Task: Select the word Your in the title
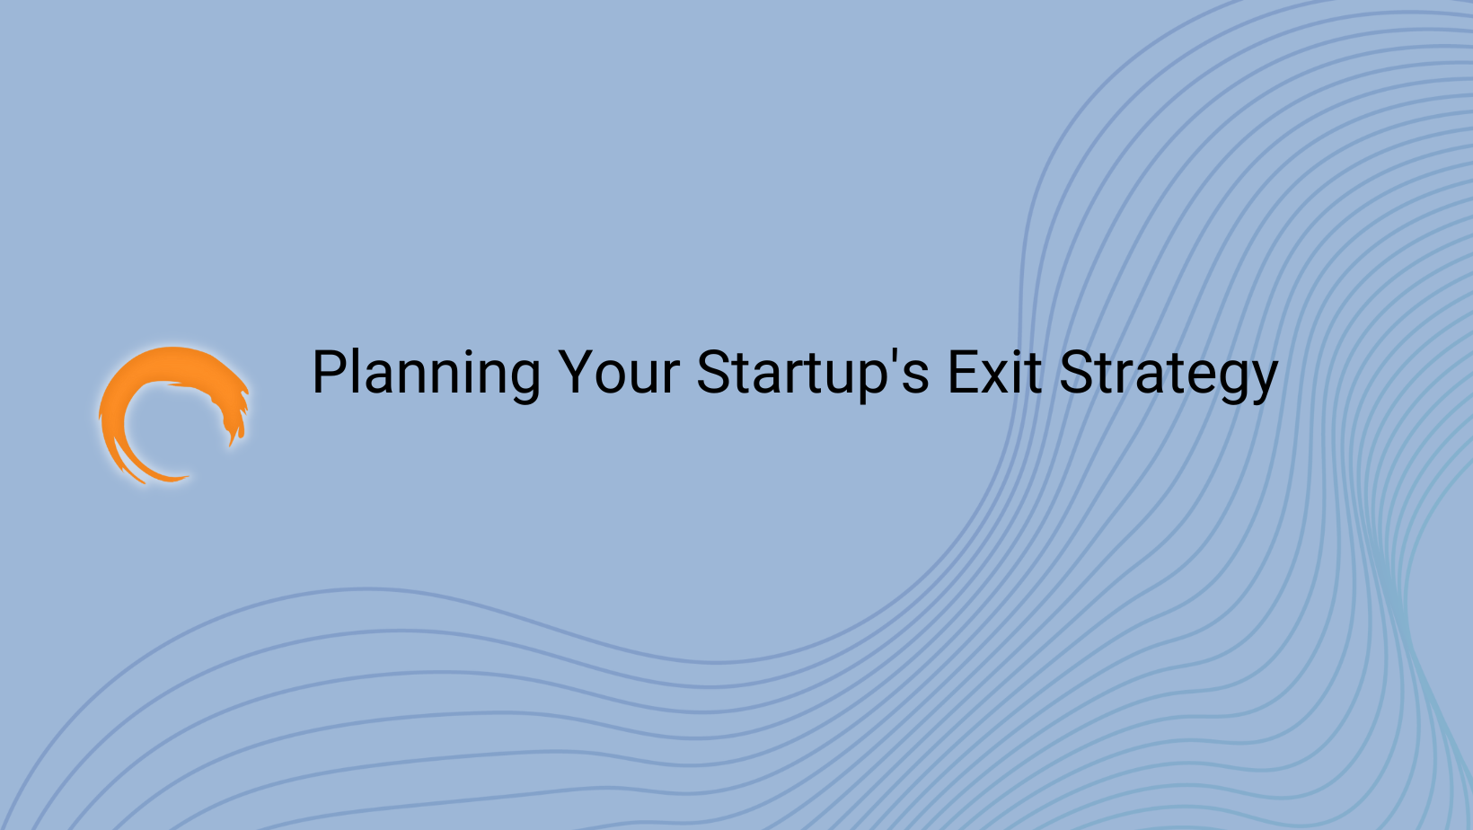coord(619,373)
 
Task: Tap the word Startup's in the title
coord(813,373)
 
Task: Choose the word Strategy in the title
coord(1169,373)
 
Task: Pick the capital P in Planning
coord(327,372)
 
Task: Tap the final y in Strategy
coord(1261,381)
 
